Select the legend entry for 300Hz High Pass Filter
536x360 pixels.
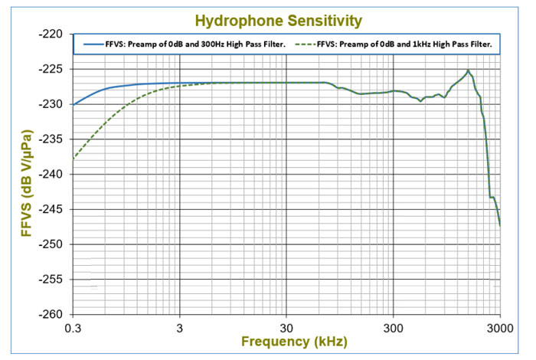click(x=184, y=44)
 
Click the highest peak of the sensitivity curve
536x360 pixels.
click(x=468, y=70)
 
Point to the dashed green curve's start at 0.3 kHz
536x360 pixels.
click(x=74, y=159)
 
